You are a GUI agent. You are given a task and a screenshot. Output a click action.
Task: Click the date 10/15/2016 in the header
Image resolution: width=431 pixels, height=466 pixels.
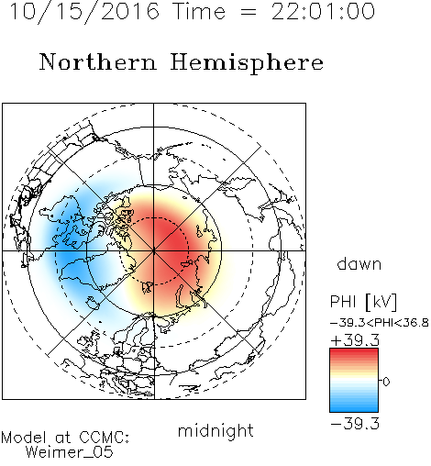tap(84, 12)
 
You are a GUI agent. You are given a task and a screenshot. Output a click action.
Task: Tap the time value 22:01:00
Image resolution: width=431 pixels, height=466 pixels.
tap(323, 12)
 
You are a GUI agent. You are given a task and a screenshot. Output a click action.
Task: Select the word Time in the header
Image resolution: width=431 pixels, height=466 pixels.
tap(199, 12)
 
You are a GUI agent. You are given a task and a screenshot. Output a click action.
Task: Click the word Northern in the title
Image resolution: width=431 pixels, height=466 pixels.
tap(98, 61)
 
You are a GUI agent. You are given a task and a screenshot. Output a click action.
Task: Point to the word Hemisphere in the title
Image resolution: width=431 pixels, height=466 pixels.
tap(247, 62)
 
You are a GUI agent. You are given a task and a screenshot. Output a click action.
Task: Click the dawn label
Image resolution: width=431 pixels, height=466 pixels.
tap(359, 263)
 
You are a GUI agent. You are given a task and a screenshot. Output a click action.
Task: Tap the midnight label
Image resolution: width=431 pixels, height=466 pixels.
tap(215, 430)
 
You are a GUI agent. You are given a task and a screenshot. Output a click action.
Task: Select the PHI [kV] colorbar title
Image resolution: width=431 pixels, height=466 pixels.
tap(363, 302)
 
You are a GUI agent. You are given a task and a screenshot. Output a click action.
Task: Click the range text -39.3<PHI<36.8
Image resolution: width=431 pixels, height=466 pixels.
tap(380, 323)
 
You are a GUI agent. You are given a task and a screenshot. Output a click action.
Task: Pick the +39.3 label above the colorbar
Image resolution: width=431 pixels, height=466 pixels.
tap(355, 340)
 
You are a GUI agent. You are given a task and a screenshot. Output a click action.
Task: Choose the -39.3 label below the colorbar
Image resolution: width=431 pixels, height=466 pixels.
tap(355, 424)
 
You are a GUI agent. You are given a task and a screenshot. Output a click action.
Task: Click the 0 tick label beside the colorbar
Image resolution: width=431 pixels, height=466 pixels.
tap(386, 382)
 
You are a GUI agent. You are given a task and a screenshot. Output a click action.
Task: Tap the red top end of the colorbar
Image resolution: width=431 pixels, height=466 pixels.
tap(354, 350)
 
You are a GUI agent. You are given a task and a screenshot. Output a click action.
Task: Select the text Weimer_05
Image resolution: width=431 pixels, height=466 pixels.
tap(70, 452)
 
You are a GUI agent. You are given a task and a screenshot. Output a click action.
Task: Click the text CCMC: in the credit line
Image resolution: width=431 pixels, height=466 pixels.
tap(104, 438)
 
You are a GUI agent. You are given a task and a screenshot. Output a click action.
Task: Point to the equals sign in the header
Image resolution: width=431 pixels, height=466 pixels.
tap(249, 12)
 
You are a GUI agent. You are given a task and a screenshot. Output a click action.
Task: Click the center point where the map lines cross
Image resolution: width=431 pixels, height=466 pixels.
tap(154, 251)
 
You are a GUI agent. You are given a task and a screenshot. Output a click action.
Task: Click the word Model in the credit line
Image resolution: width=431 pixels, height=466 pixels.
tap(24, 438)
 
